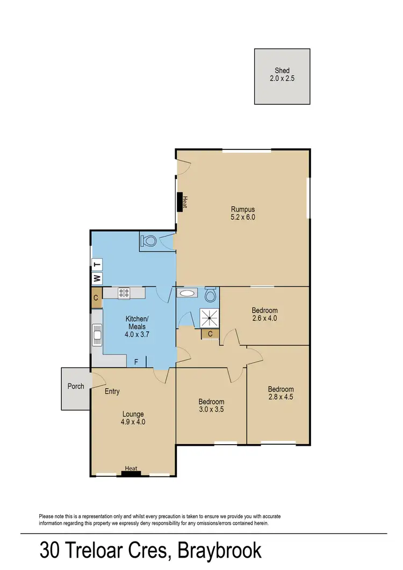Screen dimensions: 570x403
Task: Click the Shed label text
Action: coord(282,70)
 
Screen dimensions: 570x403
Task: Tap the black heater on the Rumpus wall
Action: coord(180,203)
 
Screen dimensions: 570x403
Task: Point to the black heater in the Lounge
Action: coord(131,474)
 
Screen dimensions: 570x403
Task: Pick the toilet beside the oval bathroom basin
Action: coord(211,295)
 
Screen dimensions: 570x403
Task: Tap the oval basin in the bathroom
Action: coord(188,294)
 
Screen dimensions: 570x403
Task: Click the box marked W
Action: coord(97,278)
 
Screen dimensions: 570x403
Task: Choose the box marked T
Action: coord(97,264)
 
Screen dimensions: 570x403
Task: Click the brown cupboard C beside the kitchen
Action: coord(96,298)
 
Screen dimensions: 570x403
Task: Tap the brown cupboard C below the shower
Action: coord(210,334)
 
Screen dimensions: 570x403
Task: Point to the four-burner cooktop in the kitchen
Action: coord(124,293)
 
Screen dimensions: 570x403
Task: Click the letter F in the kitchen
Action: coord(136,362)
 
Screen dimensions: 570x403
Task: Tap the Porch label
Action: coord(75,386)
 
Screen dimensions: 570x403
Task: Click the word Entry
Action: coord(112,391)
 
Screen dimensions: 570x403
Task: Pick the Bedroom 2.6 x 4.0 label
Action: coord(264,314)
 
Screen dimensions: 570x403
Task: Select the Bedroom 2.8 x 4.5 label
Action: coord(280,394)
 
